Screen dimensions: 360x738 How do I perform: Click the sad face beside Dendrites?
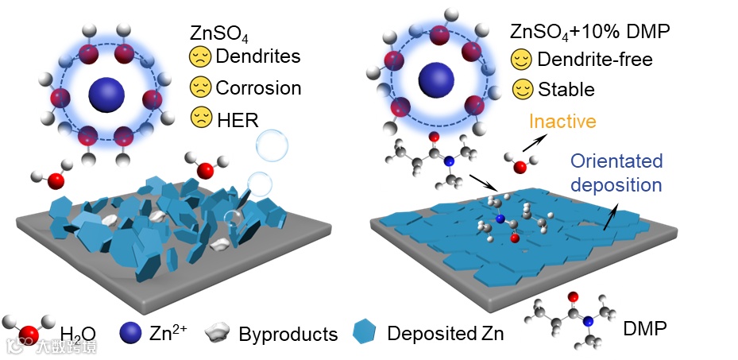[x=199, y=57]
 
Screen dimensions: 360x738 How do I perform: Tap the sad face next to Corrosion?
[x=199, y=87]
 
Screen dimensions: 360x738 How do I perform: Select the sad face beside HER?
[x=199, y=118]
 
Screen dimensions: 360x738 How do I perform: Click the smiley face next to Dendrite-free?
[x=521, y=59]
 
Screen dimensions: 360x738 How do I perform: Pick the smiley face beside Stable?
[x=521, y=89]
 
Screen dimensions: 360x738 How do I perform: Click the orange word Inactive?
[x=562, y=122]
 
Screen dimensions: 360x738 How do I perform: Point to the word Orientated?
[x=616, y=161]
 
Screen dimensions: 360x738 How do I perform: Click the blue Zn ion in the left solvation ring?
[x=105, y=93]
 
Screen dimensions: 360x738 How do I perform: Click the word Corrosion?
[x=258, y=87]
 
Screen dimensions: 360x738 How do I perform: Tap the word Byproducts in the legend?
[x=288, y=333]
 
